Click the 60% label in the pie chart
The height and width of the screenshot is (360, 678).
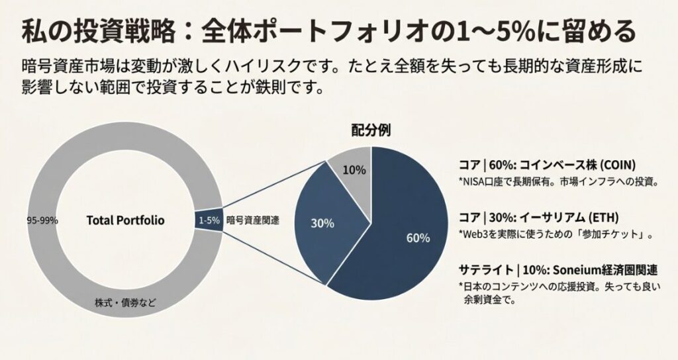click(x=418, y=238)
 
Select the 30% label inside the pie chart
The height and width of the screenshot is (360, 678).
click(x=322, y=223)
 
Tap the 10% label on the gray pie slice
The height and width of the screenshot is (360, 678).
click(x=354, y=169)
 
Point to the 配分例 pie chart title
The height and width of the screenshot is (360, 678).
click(x=370, y=130)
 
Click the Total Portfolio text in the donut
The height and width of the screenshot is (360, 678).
click(x=125, y=220)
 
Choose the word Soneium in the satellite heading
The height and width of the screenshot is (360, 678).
click(x=579, y=269)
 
